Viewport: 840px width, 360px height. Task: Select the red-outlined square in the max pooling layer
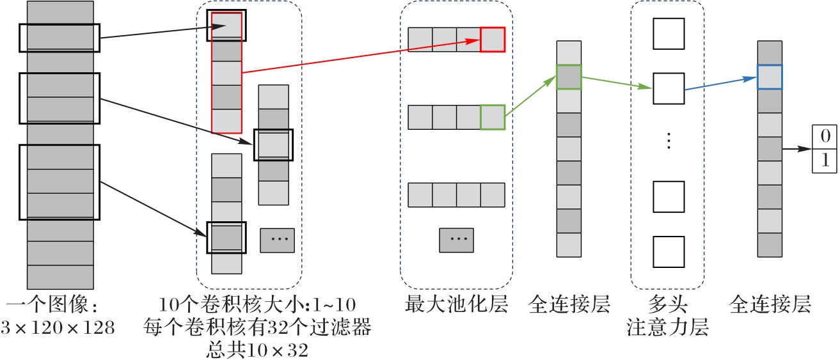(493, 40)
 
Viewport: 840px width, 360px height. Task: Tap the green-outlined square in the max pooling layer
(493, 117)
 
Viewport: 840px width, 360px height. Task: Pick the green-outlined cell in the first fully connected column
(569, 77)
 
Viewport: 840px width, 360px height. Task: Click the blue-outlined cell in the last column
(770, 77)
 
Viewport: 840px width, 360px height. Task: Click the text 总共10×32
(258, 350)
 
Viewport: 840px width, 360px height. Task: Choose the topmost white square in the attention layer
(668, 34)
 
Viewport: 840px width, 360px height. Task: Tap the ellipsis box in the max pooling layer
(456, 240)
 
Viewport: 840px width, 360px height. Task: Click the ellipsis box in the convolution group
(277, 240)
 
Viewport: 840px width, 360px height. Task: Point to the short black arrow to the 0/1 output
(796, 149)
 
